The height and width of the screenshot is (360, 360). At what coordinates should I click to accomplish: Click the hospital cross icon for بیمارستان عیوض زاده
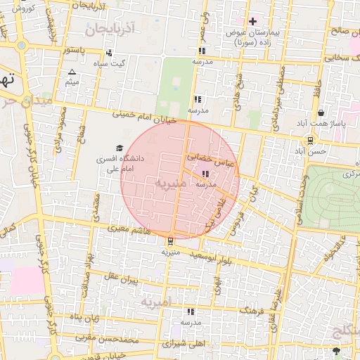(x=253, y=21)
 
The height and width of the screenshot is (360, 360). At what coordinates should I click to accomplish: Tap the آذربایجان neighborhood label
(x=110, y=30)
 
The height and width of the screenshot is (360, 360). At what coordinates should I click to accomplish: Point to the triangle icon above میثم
(x=72, y=72)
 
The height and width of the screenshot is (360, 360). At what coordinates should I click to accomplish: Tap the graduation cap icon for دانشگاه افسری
(x=119, y=148)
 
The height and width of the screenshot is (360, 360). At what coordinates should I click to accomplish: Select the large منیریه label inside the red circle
(x=171, y=184)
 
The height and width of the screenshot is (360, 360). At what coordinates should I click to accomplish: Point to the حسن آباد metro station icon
(x=310, y=139)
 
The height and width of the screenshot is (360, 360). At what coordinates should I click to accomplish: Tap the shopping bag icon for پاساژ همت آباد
(x=321, y=112)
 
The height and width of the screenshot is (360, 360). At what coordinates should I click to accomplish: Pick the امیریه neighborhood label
(x=155, y=302)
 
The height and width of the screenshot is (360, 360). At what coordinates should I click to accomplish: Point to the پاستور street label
(x=75, y=51)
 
